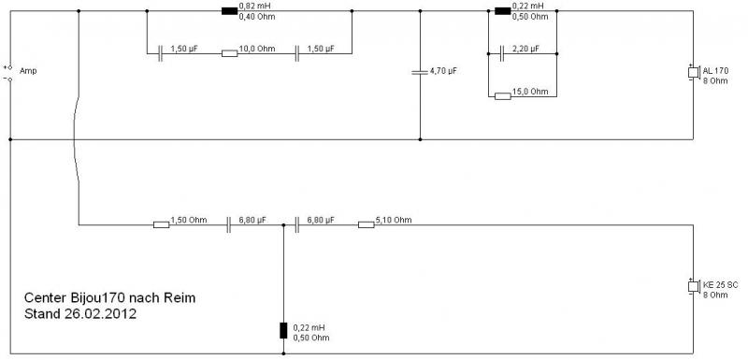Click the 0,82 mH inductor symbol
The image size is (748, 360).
coord(229,11)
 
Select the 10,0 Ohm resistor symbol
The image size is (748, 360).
coord(229,53)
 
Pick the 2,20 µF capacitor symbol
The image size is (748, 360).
coord(502,53)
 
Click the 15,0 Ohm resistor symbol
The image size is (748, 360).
coord(503,96)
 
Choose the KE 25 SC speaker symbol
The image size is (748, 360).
coord(693,286)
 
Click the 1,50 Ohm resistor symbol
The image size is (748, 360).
coord(161,224)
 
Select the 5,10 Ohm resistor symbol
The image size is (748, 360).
coord(366,224)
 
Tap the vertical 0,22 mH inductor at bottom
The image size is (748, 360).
coord(283,330)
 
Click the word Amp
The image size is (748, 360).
coord(28,71)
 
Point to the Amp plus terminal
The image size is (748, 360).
coord(10,67)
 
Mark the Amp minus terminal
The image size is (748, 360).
coord(10,79)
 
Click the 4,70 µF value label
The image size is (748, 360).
coord(443,70)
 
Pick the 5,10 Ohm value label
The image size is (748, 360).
coord(394,220)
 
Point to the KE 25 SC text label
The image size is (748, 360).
coord(720,285)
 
